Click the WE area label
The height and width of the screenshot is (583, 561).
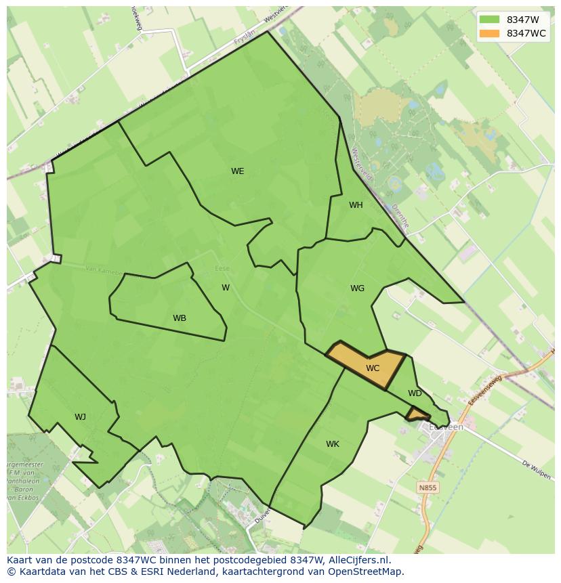point(237,171)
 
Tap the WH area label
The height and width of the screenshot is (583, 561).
point(356,205)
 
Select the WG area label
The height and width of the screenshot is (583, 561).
point(357,288)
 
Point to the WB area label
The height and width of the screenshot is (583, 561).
point(180,318)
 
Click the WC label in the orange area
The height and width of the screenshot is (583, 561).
point(373,368)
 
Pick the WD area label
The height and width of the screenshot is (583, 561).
point(415,393)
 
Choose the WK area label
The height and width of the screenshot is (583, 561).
point(332,444)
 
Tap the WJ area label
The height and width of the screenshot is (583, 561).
point(80,417)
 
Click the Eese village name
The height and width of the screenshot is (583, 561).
point(222,269)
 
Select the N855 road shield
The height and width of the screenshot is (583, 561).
point(427,488)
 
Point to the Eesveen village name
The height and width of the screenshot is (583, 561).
point(447,427)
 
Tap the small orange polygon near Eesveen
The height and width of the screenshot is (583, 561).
point(417,413)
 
